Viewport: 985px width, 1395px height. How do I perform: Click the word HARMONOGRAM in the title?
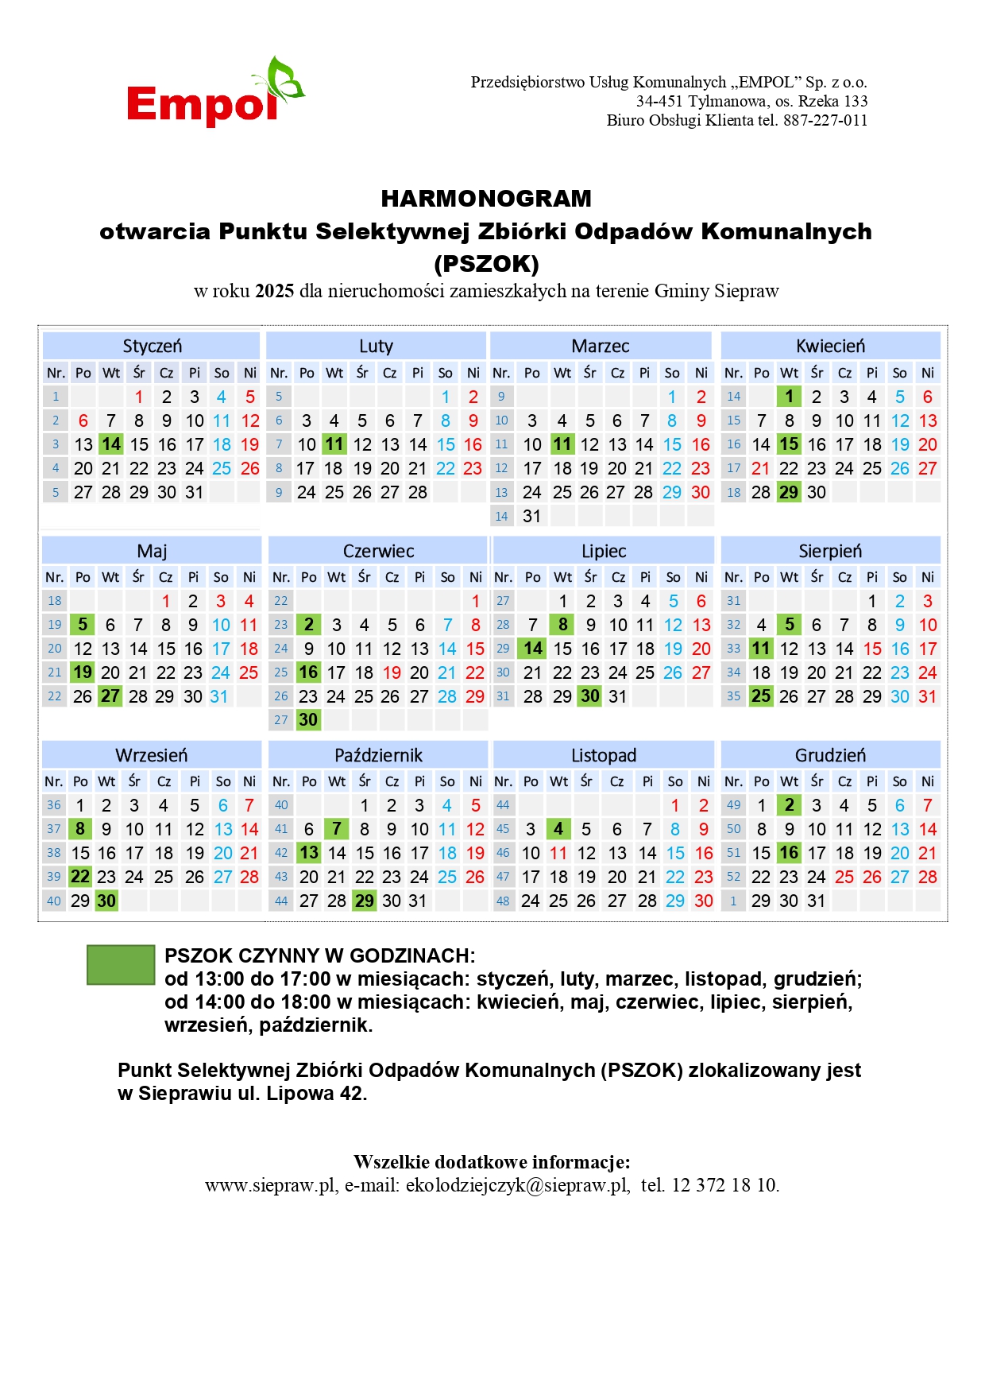[486, 198]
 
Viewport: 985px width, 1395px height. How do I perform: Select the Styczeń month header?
[152, 346]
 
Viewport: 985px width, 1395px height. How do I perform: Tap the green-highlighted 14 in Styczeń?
[111, 444]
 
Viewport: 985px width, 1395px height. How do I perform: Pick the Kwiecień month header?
[830, 346]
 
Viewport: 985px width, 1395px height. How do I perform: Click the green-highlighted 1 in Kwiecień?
[789, 397]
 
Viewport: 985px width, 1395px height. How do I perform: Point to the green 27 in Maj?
[110, 696]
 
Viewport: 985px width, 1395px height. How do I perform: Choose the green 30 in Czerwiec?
[308, 720]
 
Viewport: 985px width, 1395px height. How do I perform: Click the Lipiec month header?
[604, 551]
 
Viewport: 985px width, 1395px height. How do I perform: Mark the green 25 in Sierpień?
[761, 696]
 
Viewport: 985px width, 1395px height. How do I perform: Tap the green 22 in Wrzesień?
[80, 877]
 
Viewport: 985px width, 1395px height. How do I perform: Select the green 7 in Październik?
[337, 829]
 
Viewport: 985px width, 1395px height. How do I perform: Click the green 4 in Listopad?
[558, 829]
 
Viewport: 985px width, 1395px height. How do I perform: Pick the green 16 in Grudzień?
[789, 853]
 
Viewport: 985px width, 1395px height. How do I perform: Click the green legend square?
[121, 965]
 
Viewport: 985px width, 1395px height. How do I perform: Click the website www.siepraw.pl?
[270, 1185]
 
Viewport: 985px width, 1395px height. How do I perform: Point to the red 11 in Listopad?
[558, 853]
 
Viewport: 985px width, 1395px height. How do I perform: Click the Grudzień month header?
[830, 755]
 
